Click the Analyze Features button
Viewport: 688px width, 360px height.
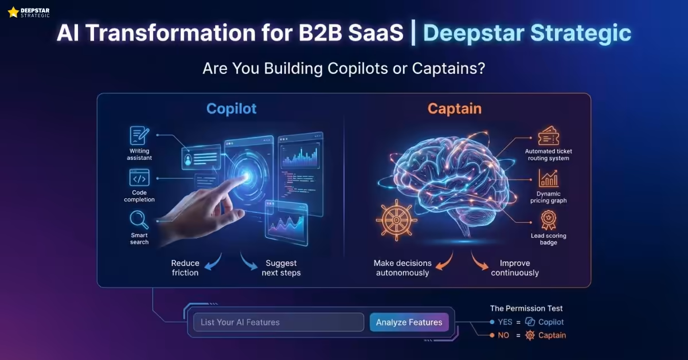[409, 322]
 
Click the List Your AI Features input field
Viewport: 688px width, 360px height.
[279, 322]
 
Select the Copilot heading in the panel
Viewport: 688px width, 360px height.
[232, 109]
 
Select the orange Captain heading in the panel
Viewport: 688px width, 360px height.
[454, 109]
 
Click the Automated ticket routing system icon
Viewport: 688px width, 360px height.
[548, 136]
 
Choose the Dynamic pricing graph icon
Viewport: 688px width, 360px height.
[548, 179]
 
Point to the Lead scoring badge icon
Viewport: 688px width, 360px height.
[548, 220]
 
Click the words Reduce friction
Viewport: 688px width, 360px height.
[185, 268]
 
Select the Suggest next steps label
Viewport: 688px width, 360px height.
[281, 268]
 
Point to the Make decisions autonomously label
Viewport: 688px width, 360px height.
[402, 268]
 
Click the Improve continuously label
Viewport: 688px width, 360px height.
[515, 268]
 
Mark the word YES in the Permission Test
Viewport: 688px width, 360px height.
[505, 322]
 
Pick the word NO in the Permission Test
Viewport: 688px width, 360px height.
[503, 335]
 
